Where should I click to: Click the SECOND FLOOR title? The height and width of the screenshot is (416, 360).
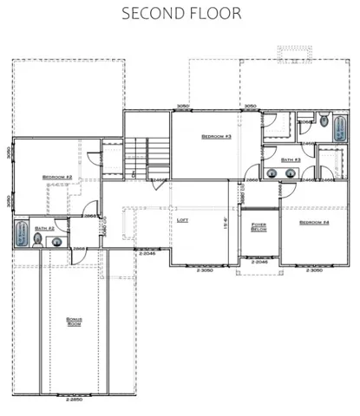tap(180, 14)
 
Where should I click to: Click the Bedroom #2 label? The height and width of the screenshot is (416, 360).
tap(56, 178)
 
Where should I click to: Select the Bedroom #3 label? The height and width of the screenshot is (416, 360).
tap(214, 137)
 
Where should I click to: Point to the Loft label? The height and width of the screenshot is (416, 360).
tap(182, 220)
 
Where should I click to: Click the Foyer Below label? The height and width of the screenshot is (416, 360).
tap(259, 228)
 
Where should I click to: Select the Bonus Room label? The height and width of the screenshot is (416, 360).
tap(75, 322)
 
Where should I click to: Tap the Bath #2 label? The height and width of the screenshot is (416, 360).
tap(45, 229)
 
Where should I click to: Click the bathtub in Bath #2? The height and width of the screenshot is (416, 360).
tap(21, 236)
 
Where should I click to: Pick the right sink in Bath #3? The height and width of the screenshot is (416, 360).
tap(290, 173)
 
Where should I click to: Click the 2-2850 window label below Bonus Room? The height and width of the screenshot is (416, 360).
tap(75, 400)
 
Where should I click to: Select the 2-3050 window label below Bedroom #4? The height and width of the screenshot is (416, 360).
tap(315, 270)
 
